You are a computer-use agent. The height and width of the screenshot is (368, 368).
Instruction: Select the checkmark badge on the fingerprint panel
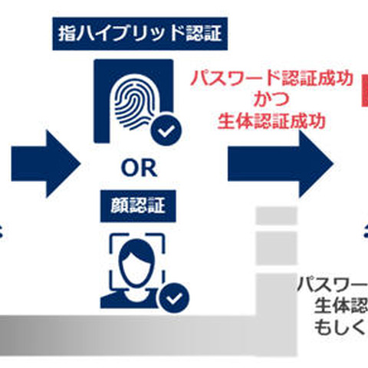pos(163,132)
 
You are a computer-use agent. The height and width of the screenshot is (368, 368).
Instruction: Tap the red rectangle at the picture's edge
pos(364,91)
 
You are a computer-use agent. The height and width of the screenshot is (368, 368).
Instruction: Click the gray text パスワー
pos(331,284)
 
